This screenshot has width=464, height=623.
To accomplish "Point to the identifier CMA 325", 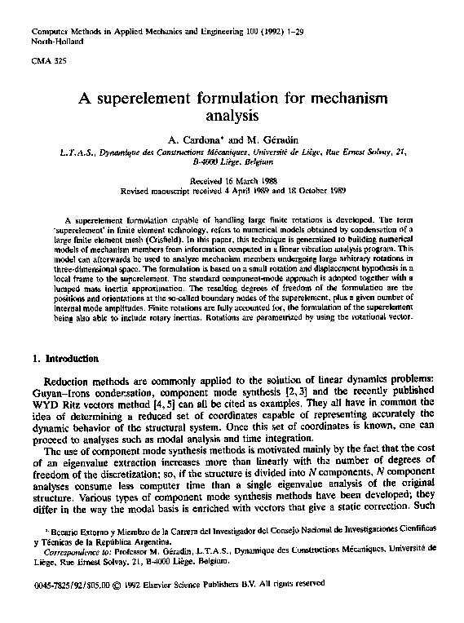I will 43,62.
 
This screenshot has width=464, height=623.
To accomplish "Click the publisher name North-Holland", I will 51,40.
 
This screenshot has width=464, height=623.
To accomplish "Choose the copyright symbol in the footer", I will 117,585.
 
